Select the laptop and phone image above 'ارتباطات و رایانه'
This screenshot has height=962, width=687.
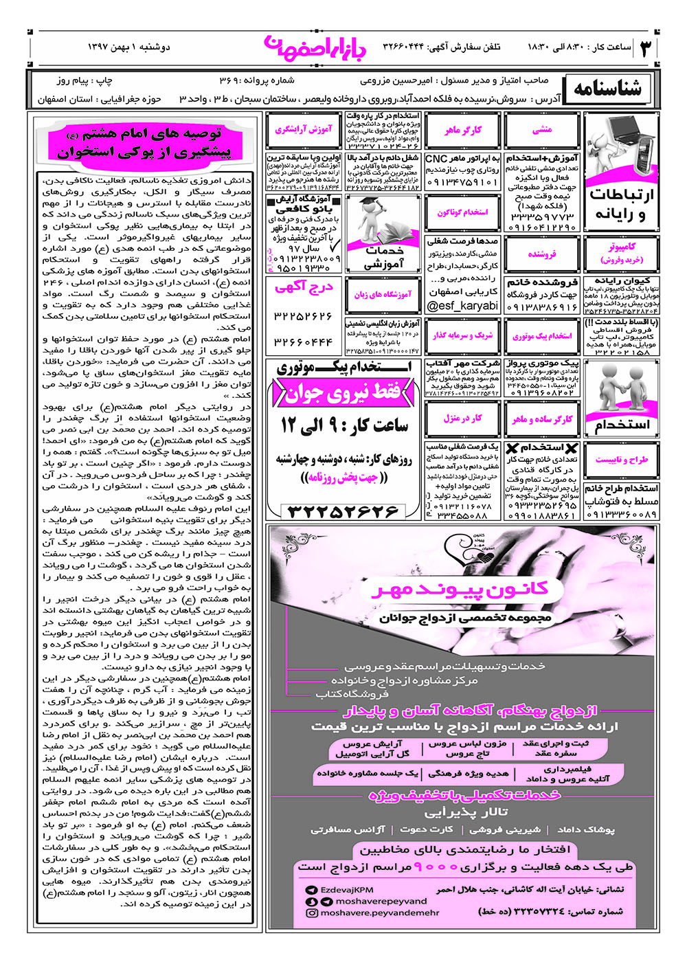click(x=620, y=146)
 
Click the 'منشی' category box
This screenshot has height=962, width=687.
click(x=542, y=130)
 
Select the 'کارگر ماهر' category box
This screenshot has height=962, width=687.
click(x=463, y=130)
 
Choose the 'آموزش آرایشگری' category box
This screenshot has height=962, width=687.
click(x=304, y=129)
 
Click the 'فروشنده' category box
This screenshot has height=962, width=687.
click(x=542, y=254)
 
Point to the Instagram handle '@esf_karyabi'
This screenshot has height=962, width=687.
click(x=463, y=306)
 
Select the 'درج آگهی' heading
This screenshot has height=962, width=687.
click(x=304, y=287)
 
